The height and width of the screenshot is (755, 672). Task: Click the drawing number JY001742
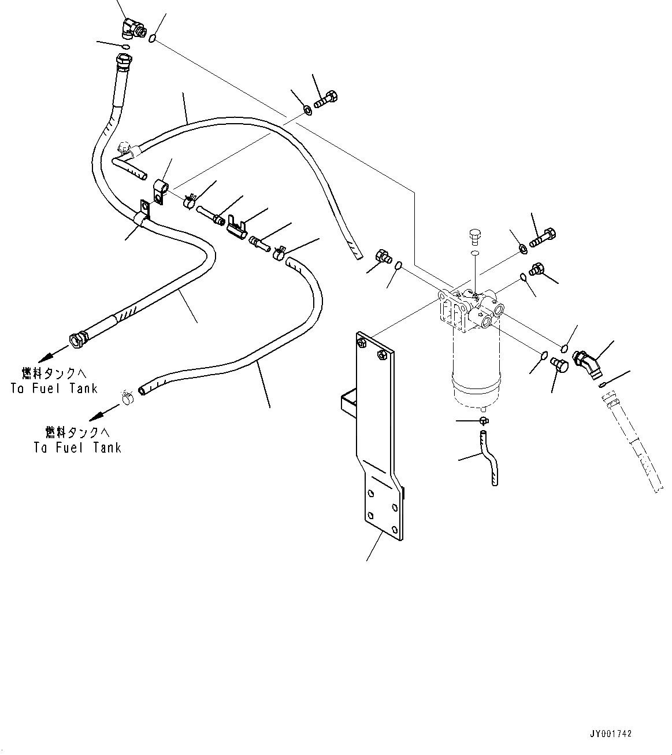point(611,734)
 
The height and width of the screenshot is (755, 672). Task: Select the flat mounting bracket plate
point(378,439)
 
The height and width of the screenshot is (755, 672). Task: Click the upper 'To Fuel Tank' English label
point(54,388)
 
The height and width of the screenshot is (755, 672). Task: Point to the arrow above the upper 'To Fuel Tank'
point(57,349)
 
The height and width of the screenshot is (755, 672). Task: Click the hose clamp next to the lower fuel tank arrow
point(127,397)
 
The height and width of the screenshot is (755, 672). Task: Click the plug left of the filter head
point(383,256)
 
